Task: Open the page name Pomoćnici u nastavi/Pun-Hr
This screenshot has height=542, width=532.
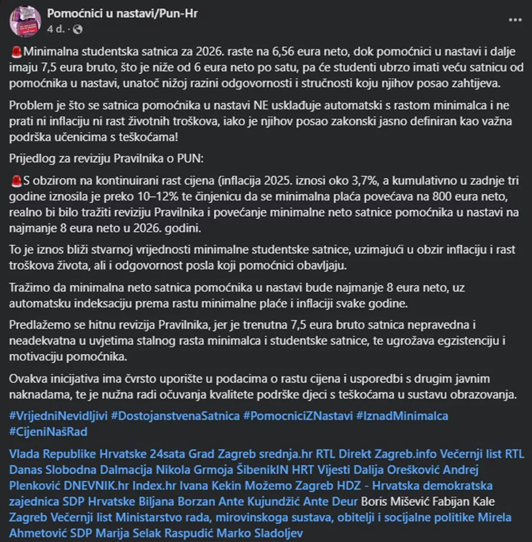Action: (122, 12)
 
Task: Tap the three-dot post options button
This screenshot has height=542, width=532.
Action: (515, 19)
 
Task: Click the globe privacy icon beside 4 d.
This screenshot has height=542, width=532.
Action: (78, 28)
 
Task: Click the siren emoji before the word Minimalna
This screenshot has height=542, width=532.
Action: (16, 52)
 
